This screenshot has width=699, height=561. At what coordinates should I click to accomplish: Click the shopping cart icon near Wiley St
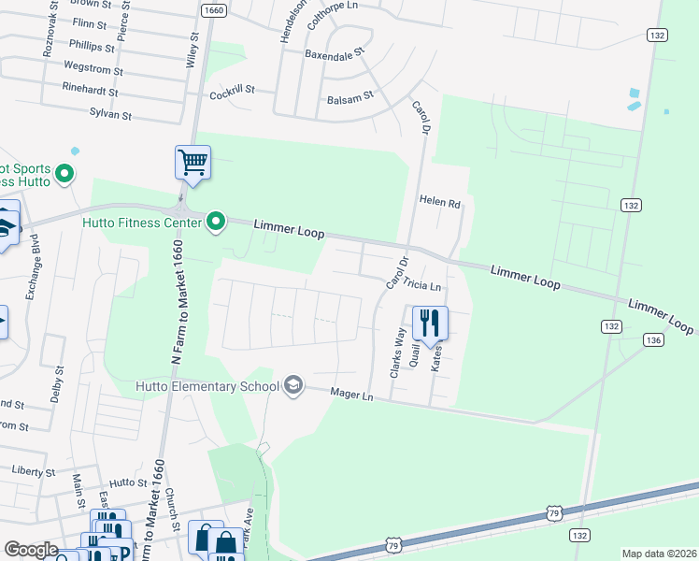[193, 162]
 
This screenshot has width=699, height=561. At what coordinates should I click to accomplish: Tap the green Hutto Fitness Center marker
[216, 222]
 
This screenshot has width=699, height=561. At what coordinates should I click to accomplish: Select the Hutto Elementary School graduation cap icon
[293, 386]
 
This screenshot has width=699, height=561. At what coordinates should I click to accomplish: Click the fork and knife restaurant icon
[430, 324]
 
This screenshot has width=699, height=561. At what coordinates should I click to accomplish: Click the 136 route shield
[653, 340]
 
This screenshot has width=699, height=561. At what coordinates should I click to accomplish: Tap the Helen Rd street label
[440, 201]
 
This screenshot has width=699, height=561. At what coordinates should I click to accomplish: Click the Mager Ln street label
[352, 396]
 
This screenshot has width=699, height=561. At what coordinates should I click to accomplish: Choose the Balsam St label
[349, 96]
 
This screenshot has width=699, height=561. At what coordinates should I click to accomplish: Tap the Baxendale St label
[334, 55]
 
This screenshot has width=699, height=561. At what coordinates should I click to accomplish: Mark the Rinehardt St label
[90, 93]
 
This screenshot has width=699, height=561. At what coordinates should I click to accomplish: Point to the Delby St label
[59, 382]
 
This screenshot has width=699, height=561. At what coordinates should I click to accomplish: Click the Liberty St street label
[34, 472]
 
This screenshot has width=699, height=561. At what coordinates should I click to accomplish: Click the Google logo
[31, 550]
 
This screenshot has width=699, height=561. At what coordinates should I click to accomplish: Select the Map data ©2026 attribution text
[658, 554]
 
